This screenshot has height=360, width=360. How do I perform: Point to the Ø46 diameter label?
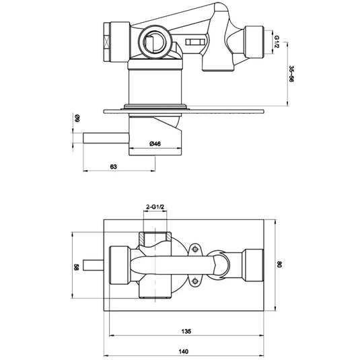pos(154,143)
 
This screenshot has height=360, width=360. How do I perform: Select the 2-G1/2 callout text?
pos(155,207)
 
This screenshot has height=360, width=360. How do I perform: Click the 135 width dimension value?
pos(186,332)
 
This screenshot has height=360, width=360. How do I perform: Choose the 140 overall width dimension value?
pos(186,351)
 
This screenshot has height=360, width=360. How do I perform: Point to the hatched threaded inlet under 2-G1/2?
pos(155,239)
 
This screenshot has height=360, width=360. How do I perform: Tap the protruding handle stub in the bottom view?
pos(92,264)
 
